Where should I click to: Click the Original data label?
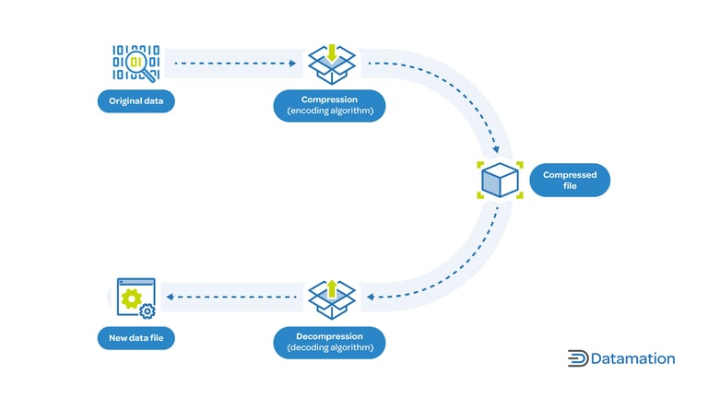click(136, 100)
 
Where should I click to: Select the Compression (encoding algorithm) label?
click(329, 105)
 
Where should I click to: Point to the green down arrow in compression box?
click(330, 52)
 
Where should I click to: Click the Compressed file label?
click(569, 181)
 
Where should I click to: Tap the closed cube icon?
click(500, 180)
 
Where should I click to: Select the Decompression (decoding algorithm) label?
click(329, 342)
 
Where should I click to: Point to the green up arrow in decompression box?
click(330, 287)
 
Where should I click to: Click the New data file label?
click(136, 339)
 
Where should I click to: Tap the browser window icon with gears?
click(136, 298)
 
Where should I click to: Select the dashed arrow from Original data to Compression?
click(235, 64)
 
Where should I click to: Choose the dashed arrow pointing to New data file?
click(235, 297)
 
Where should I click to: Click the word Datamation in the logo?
click(633, 358)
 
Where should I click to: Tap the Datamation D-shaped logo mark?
click(578, 358)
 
